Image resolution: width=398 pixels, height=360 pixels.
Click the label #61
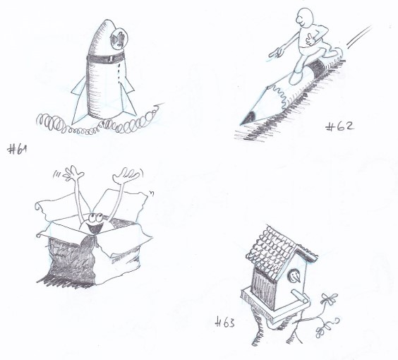click(17, 149)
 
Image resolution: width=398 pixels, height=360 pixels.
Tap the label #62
click(339, 126)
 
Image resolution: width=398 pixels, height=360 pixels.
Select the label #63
click(225, 323)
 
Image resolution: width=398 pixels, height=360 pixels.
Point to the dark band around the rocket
click(105, 58)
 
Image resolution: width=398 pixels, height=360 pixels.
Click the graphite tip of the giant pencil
click(248, 119)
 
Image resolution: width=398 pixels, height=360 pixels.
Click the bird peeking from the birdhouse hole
click(295, 276)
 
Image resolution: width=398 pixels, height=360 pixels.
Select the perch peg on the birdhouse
click(299, 296)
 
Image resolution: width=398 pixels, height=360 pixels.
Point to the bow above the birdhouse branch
click(330, 299)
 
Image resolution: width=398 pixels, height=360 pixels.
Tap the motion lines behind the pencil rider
click(359, 37)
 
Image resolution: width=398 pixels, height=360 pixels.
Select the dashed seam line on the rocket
click(119, 73)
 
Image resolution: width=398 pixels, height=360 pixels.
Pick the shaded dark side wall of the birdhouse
click(264, 289)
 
